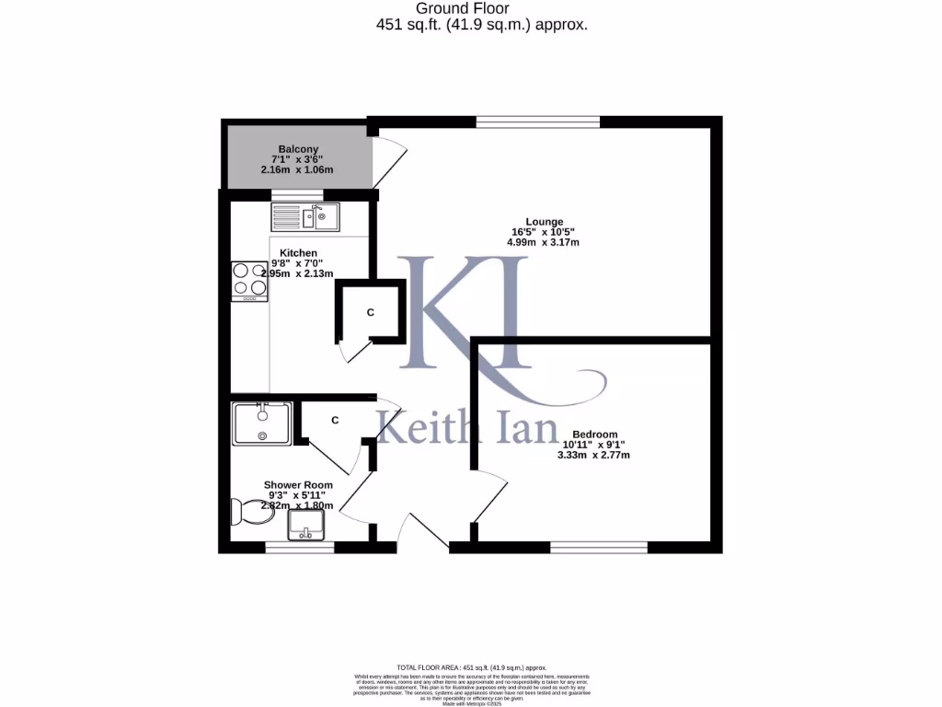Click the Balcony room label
[299, 149]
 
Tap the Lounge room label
[544, 221]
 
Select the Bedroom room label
[594, 435]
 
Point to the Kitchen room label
[299, 253]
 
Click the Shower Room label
[298, 485]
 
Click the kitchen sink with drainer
[305, 217]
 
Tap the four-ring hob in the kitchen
[249, 281]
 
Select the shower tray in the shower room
[262, 423]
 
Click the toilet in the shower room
[251, 511]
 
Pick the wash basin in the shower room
[307, 525]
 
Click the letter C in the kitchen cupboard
[371, 313]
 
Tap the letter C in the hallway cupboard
[335, 421]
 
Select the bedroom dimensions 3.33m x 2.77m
[594, 455]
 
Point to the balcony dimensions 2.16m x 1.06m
[299, 170]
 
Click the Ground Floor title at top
[481, 9]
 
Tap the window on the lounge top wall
[538, 122]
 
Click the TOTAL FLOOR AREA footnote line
[471, 667]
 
